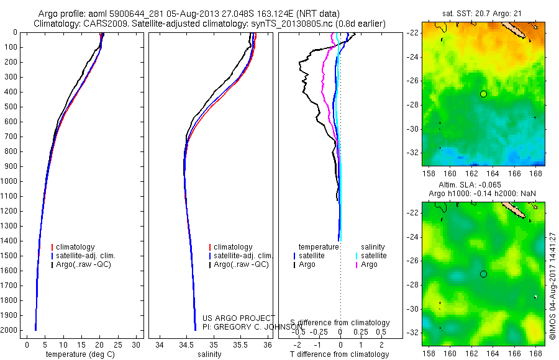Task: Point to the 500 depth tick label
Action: click(11, 107)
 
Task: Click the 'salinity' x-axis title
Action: click(209, 354)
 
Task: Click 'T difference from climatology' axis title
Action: click(340, 354)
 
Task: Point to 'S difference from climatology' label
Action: click(340, 323)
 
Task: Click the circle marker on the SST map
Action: click(483, 94)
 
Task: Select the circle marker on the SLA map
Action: click(483, 274)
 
